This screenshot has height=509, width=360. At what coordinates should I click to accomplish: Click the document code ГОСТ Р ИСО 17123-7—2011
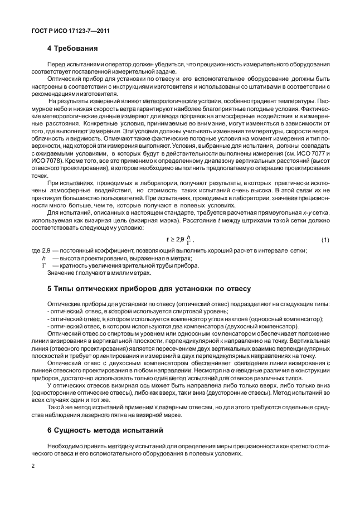tap(69, 31)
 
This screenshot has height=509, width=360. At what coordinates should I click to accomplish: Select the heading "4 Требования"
tap(72, 49)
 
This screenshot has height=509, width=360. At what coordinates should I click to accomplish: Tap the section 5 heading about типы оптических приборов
tap(149, 289)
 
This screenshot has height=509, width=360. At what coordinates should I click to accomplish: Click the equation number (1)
tap(325, 240)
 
